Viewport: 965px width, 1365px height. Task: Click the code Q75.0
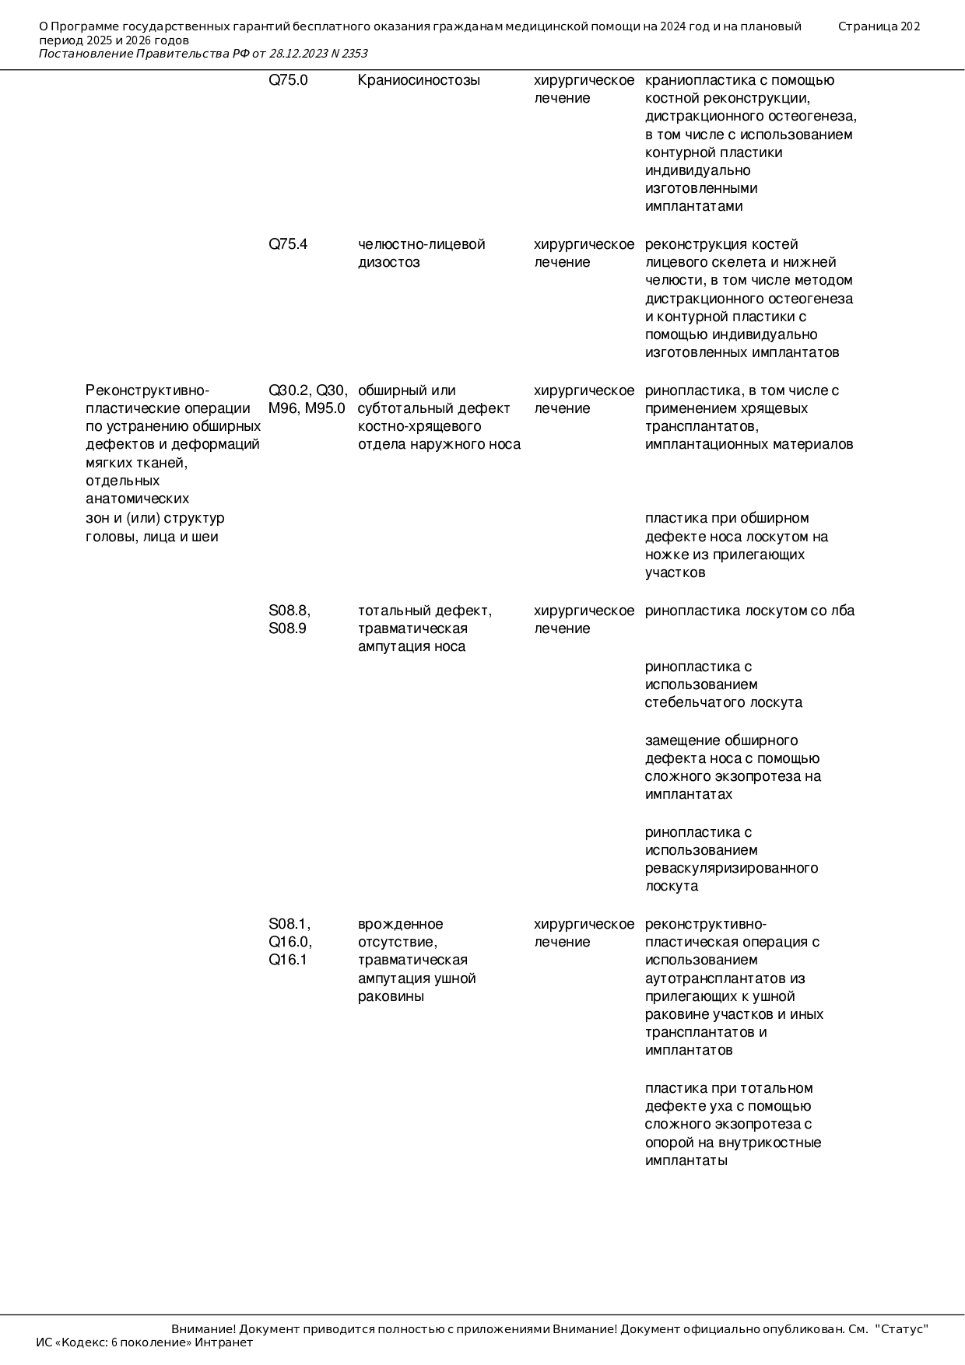coord(288,80)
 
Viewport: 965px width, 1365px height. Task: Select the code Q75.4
coord(288,244)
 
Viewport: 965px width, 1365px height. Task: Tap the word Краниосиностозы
coord(419,80)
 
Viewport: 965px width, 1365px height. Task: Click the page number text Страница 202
coord(879,26)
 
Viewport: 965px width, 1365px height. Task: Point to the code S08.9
coord(287,628)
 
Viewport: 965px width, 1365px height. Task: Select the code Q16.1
coord(288,960)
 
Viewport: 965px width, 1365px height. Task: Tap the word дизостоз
coord(388,262)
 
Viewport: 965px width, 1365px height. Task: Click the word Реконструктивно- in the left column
coord(147,390)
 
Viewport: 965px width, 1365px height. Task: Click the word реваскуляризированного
coord(731,868)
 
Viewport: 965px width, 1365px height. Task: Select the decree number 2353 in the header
coord(354,54)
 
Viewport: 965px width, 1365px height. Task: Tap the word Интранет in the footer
coord(223,1342)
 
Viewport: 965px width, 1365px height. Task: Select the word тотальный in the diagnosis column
coord(393,611)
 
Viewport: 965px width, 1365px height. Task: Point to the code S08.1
coord(289,924)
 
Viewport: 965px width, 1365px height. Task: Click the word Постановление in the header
coord(85,54)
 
